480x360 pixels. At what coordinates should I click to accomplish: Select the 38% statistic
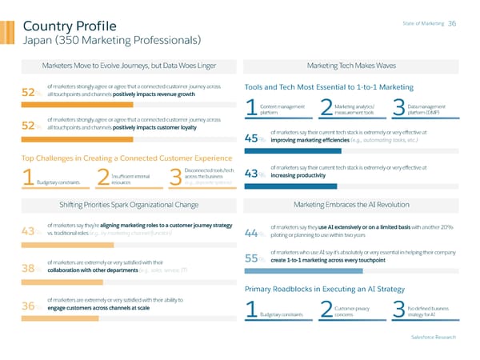tap(33, 269)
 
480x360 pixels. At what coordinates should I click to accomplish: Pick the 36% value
tap(33, 306)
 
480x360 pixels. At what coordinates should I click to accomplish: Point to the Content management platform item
tap(281, 110)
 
